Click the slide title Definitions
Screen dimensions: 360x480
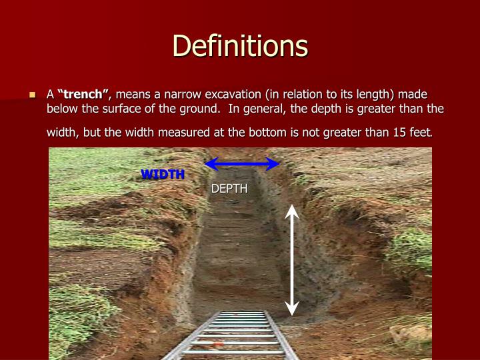click(240, 46)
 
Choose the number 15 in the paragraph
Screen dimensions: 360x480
click(398, 132)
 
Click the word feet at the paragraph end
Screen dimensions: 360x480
click(420, 132)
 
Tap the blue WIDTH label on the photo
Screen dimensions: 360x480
click(162, 175)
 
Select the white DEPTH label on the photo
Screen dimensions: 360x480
click(229, 189)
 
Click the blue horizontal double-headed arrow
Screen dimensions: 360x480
click(241, 164)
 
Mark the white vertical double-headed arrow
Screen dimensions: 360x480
click(291, 260)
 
